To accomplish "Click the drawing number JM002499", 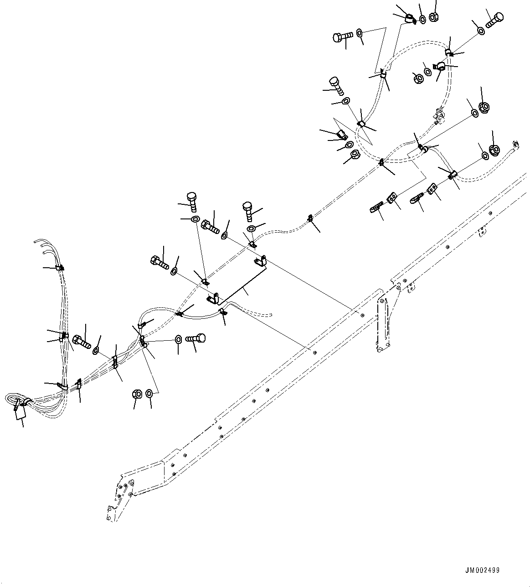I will pyautogui.click(x=482, y=570).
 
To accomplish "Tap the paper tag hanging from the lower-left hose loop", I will pyautogui.click(x=21, y=413).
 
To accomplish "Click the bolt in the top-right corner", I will pyautogui.click(x=494, y=19).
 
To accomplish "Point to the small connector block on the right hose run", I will pyautogui.click(x=439, y=114).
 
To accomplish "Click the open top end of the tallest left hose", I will pyautogui.click(x=36, y=239).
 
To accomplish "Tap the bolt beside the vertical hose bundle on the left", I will pyautogui.click(x=82, y=341).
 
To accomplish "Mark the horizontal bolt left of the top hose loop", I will pyautogui.click(x=342, y=37).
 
